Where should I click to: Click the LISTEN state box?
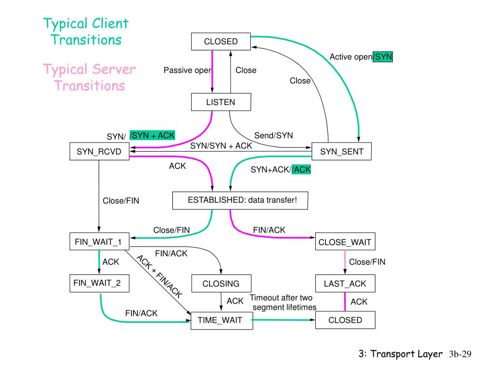pos(221,102)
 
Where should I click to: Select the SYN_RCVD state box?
pos(99,152)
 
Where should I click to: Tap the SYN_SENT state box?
pos(342,152)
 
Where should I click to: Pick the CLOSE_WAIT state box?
pos(345,242)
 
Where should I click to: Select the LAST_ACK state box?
pos(345,284)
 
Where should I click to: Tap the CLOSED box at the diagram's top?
pos(221,41)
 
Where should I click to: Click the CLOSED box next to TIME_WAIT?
pos(345,320)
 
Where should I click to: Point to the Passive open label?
pos(187,70)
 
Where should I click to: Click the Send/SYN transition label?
pos(273,136)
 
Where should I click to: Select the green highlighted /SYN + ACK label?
pos(153,135)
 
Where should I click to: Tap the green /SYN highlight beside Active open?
pos(383,57)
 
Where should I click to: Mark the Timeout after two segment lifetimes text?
pos(284,303)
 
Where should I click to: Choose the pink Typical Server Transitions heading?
pos(90,78)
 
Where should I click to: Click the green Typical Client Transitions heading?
pos(86,31)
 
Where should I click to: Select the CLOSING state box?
pos(221,284)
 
